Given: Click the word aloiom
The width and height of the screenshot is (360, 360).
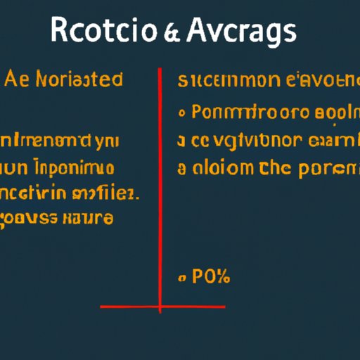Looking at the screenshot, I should pyautogui.click(x=220, y=169).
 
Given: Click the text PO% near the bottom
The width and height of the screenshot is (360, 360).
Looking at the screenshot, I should pyautogui.click(x=210, y=276).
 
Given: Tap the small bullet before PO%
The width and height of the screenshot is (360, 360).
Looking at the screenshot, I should pyautogui.click(x=183, y=279).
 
